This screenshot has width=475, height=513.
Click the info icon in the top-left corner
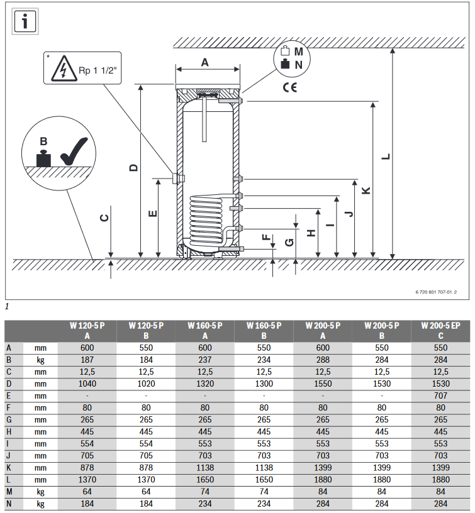click(x=25, y=21)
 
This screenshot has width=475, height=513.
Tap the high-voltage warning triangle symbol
click(x=64, y=69)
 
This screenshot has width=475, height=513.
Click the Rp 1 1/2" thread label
click(x=98, y=70)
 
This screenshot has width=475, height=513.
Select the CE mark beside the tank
click(x=289, y=87)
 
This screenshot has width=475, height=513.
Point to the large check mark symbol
click(x=74, y=151)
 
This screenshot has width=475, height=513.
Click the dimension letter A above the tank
click(x=204, y=62)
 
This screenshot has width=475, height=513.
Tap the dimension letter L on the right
click(x=386, y=157)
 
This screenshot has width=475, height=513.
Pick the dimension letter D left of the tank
click(x=133, y=167)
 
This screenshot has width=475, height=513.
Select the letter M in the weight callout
click(x=299, y=52)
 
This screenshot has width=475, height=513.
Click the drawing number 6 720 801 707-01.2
click(x=436, y=292)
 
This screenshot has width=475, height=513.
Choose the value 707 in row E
click(x=440, y=395)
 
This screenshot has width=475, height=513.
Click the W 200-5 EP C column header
click(x=440, y=331)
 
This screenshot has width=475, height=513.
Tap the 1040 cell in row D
click(x=87, y=383)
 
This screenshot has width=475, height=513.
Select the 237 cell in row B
click(x=205, y=360)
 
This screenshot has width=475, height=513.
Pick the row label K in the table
click(x=9, y=468)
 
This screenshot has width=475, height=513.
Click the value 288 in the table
click(x=323, y=360)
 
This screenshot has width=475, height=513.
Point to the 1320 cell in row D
click(x=205, y=383)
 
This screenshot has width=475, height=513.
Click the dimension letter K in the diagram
click(x=366, y=190)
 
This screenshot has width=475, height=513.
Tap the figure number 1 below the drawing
click(x=7, y=307)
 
